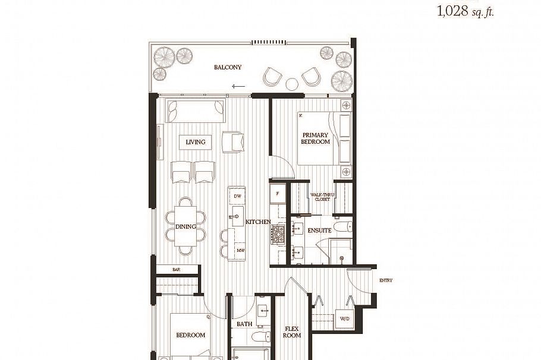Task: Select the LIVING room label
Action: point(195,142)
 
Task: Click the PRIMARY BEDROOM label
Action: point(315,138)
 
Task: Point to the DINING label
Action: point(185,227)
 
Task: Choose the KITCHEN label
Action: point(259,222)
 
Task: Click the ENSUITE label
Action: point(319,230)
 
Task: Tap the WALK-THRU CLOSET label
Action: point(322,197)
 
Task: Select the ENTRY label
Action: point(386,280)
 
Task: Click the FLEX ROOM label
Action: point(292,331)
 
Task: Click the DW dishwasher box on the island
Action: point(237,196)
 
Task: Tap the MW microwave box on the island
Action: point(240,250)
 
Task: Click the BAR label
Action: point(176,270)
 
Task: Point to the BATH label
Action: point(244,324)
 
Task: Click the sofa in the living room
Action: point(196,111)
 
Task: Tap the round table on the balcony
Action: point(292,83)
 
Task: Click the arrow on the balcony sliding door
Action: point(238,86)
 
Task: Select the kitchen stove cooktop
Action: point(278,235)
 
